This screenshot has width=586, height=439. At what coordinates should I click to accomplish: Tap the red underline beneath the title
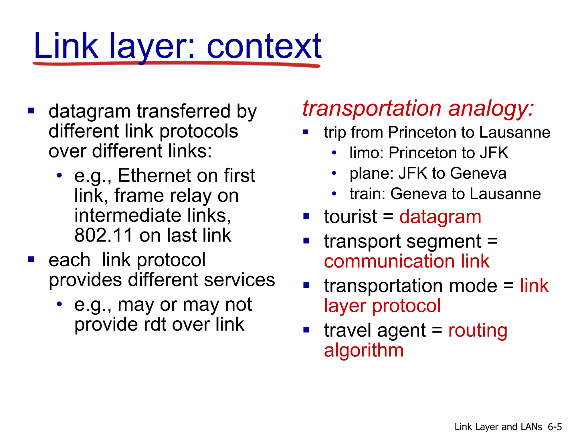176,64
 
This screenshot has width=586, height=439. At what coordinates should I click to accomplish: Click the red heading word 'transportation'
372,108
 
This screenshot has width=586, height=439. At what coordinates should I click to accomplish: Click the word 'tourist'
350,217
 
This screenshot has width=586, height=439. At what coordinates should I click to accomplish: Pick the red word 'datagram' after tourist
440,217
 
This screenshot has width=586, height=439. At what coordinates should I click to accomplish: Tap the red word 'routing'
478,330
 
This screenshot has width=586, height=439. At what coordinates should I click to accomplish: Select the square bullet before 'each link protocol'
31,260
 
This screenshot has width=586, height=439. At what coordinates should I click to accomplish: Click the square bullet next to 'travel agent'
306,330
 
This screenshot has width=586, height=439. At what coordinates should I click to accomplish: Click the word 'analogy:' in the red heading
491,108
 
